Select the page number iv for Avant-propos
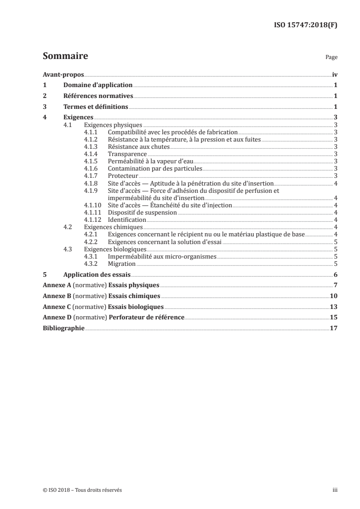pyautogui.click(x=334, y=74)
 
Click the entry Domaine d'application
pyautogui.click(x=98, y=85)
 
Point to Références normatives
pyautogui.click(x=98, y=96)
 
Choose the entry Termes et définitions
pyautogui.click(x=96, y=107)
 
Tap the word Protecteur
pyautogui.click(x=123, y=176)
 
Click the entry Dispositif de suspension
pyautogui.click(x=142, y=212)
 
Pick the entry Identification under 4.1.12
pyautogui.click(x=127, y=220)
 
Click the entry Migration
pyautogui.click(x=122, y=264)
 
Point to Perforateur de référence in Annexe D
pyautogui.click(x=146, y=317)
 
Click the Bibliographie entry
pyautogui.click(x=63, y=328)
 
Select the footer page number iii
pyautogui.click(x=335, y=490)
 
